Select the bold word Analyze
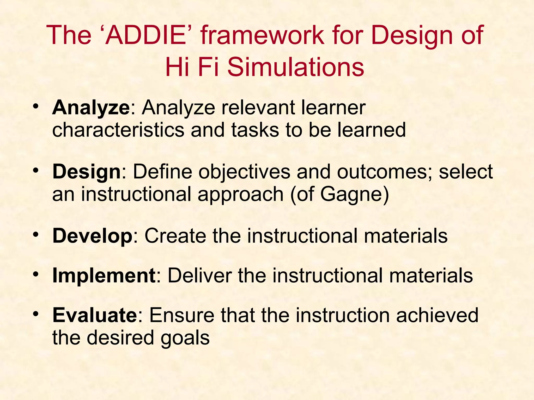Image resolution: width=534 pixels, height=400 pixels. (x=91, y=108)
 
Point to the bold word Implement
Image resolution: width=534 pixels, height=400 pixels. (x=104, y=276)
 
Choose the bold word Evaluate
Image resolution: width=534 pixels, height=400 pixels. (x=94, y=315)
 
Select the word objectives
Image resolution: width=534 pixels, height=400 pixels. (x=244, y=172)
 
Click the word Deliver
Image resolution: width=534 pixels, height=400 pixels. (x=199, y=276)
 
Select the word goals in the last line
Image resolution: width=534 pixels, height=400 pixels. (x=185, y=338)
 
